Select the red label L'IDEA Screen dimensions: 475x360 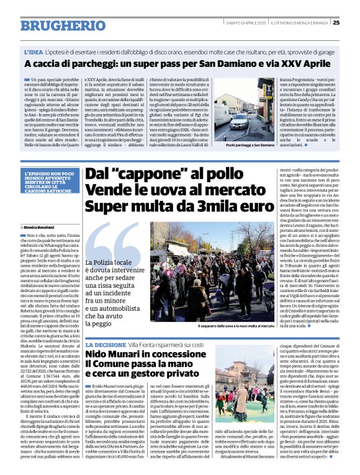[34, 53]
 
